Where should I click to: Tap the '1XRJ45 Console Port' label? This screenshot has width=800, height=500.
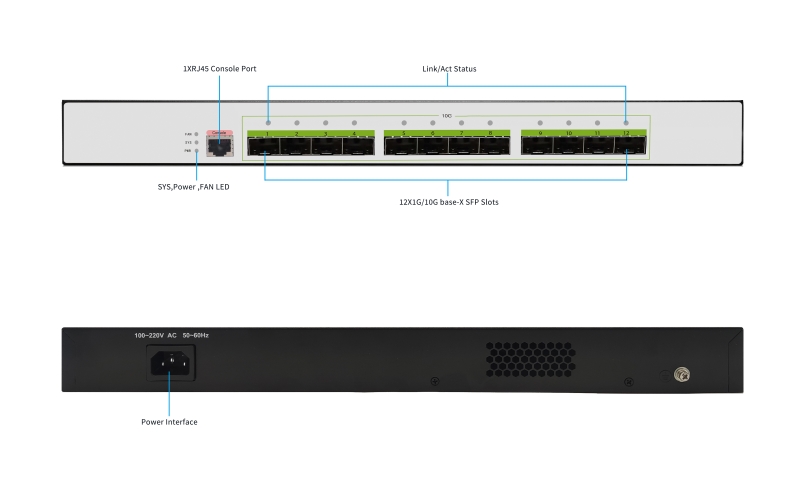[220, 69]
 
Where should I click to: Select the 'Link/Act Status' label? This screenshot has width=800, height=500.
[448, 69]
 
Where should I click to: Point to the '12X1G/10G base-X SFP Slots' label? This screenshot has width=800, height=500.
[448, 201]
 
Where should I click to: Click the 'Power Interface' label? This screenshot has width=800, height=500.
[169, 422]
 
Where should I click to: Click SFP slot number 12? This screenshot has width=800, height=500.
[627, 146]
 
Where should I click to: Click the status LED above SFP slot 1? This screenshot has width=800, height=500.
[268, 122]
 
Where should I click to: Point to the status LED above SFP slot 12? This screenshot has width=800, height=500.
[627, 122]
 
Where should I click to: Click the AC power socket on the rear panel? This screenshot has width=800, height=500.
[170, 363]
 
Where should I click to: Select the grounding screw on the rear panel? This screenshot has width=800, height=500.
[681, 376]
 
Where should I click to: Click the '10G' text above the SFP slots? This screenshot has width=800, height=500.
[447, 116]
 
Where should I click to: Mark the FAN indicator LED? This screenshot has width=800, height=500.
[196, 133]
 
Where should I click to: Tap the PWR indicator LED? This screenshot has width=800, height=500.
[196, 151]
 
